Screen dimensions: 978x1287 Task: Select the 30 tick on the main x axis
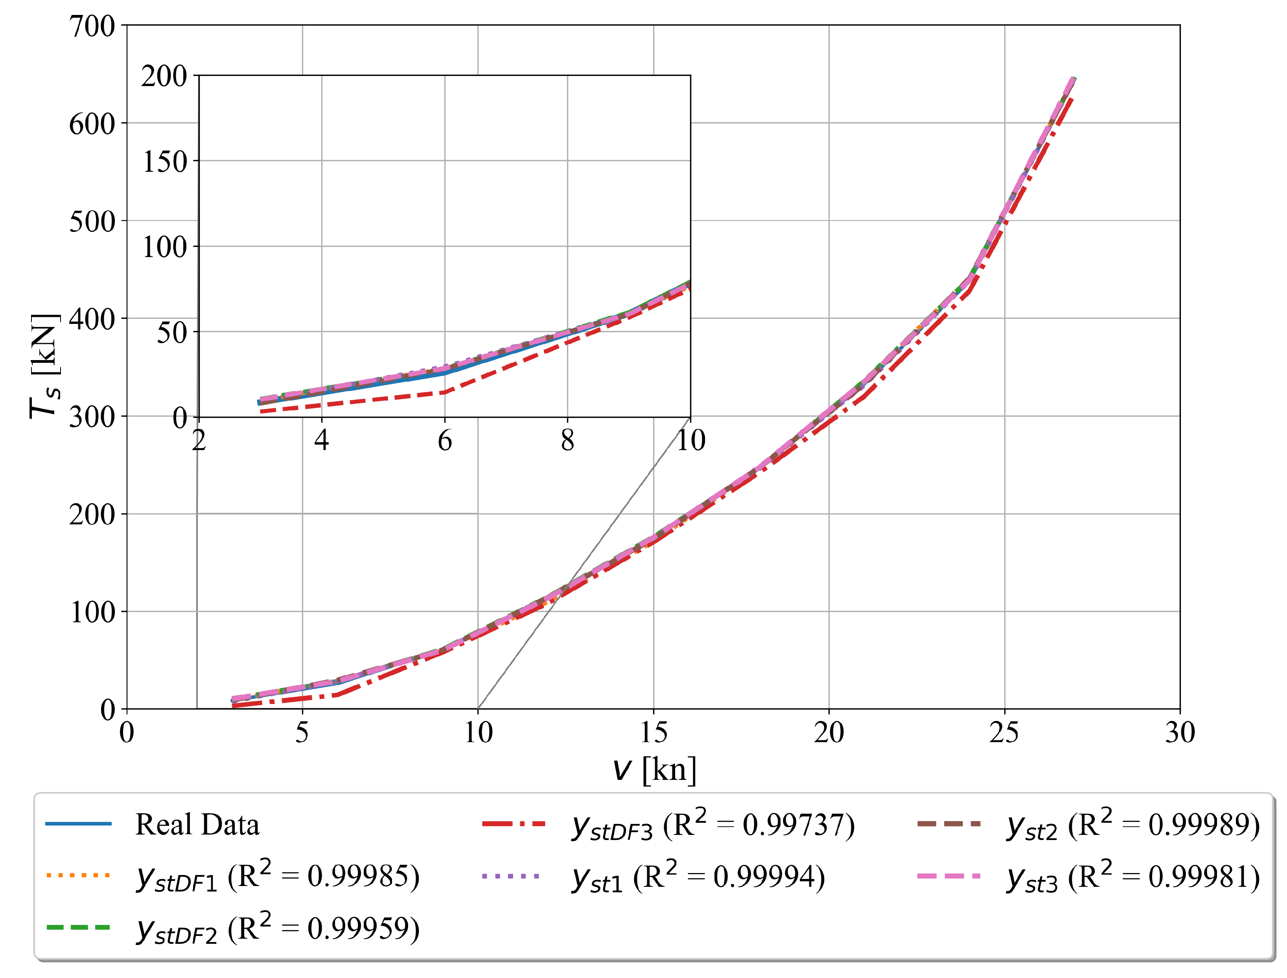click(1180, 732)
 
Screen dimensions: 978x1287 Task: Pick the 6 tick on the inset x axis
click(445, 441)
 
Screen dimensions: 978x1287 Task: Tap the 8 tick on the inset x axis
click(568, 441)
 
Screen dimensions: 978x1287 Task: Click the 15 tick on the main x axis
click(654, 732)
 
